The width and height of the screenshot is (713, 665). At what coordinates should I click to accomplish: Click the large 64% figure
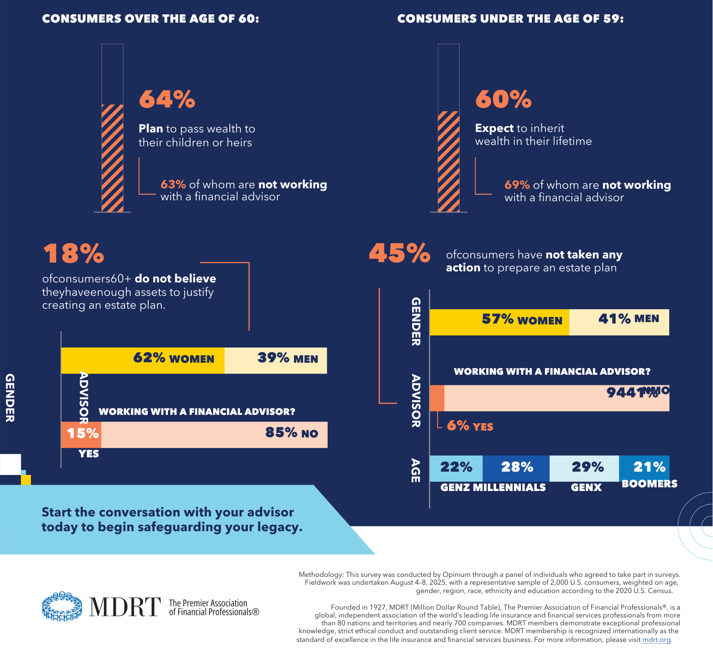pos(167,99)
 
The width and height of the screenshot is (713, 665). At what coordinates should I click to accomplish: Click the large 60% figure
pos(503,99)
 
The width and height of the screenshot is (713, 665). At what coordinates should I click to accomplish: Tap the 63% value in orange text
pos(173,185)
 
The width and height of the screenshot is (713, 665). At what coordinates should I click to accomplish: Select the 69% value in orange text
pos(517,185)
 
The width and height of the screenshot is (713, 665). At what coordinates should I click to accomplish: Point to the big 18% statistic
pos(74,253)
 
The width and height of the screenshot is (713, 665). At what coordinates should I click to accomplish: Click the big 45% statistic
pos(400,253)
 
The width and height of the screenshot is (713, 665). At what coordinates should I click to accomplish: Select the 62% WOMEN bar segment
pos(143,360)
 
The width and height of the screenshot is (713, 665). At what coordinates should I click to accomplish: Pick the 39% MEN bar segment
pos(276,360)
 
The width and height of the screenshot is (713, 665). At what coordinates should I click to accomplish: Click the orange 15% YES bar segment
pos(81,434)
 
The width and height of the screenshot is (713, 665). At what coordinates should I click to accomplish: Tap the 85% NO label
pos(292,433)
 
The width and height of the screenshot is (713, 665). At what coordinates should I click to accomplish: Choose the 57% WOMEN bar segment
pos(499,322)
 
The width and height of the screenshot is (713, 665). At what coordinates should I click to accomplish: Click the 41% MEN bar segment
pos(619,322)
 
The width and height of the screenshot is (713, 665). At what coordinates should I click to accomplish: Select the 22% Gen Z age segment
pos(456,468)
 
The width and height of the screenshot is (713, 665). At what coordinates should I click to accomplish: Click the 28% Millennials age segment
pos(516,468)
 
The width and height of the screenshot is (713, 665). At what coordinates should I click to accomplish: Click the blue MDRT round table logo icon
pos(62,606)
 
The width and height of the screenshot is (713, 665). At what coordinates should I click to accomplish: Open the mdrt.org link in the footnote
pos(656,640)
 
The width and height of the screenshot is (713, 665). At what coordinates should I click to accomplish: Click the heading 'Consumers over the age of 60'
pos(150,19)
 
